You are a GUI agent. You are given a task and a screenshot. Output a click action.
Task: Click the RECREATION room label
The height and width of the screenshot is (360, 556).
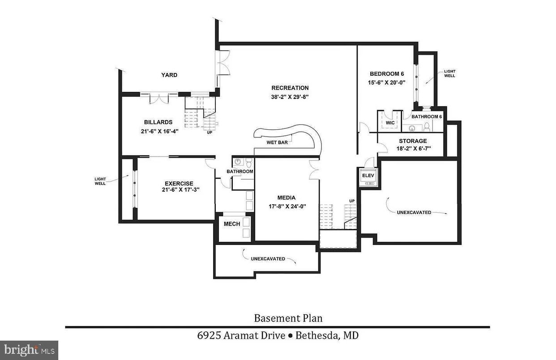pyautogui.click(x=290, y=88)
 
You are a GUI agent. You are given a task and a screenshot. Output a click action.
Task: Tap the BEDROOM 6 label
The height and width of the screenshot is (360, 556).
pyautogui.click(x=387, y=74)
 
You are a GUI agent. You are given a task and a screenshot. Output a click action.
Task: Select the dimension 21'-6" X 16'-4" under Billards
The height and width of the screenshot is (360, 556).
pyautogui.click(x=158, y=131)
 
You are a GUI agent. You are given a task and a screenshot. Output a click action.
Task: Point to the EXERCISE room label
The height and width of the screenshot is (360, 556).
pyautogui.click(x=179, y=183)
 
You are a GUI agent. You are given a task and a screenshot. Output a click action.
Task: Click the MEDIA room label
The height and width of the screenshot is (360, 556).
pyautogui.click(x=286, y=197)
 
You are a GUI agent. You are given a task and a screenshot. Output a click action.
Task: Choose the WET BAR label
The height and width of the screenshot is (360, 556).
pyautogui.click(x=277, y=142)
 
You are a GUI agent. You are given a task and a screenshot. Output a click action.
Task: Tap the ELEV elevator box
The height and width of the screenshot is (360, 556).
pyautogui.click(x=368, y=176)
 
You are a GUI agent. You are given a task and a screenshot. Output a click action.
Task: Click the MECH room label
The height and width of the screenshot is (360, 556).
pyautogui.click(x=232, y=224)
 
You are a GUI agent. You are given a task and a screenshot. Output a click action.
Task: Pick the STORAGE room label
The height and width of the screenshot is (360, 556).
pyautogui.click(x=413, y=141)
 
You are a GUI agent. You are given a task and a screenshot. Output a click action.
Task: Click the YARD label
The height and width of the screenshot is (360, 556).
pyautogui.click(x=169, y=75)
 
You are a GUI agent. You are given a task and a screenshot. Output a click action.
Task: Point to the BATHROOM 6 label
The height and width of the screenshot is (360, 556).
pyautogui.click(x=427, y=116)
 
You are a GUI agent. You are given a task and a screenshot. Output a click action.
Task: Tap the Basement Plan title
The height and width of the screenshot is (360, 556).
pyautogui.click(x=288, y=318)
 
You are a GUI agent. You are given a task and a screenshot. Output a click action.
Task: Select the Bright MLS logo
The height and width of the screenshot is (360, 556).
pyautogui.click(x=29, y=349)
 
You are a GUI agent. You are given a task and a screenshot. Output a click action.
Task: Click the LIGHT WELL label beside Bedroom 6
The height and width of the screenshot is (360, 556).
pyautogui.click(x=449, y=73)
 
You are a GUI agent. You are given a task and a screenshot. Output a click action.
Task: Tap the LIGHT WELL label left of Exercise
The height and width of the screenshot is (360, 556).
pyautogui.click(x=100, y=181)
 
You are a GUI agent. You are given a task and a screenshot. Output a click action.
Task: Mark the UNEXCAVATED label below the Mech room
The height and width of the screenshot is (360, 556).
pyautogui.click(x=268, y=258)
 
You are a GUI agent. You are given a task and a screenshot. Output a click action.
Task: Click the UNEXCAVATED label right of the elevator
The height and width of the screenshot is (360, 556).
pyautogui.click(x=414, y=212)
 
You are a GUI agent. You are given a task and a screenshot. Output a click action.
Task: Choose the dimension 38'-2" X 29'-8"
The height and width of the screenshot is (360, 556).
pyautogui.click(x=290, y=96)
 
